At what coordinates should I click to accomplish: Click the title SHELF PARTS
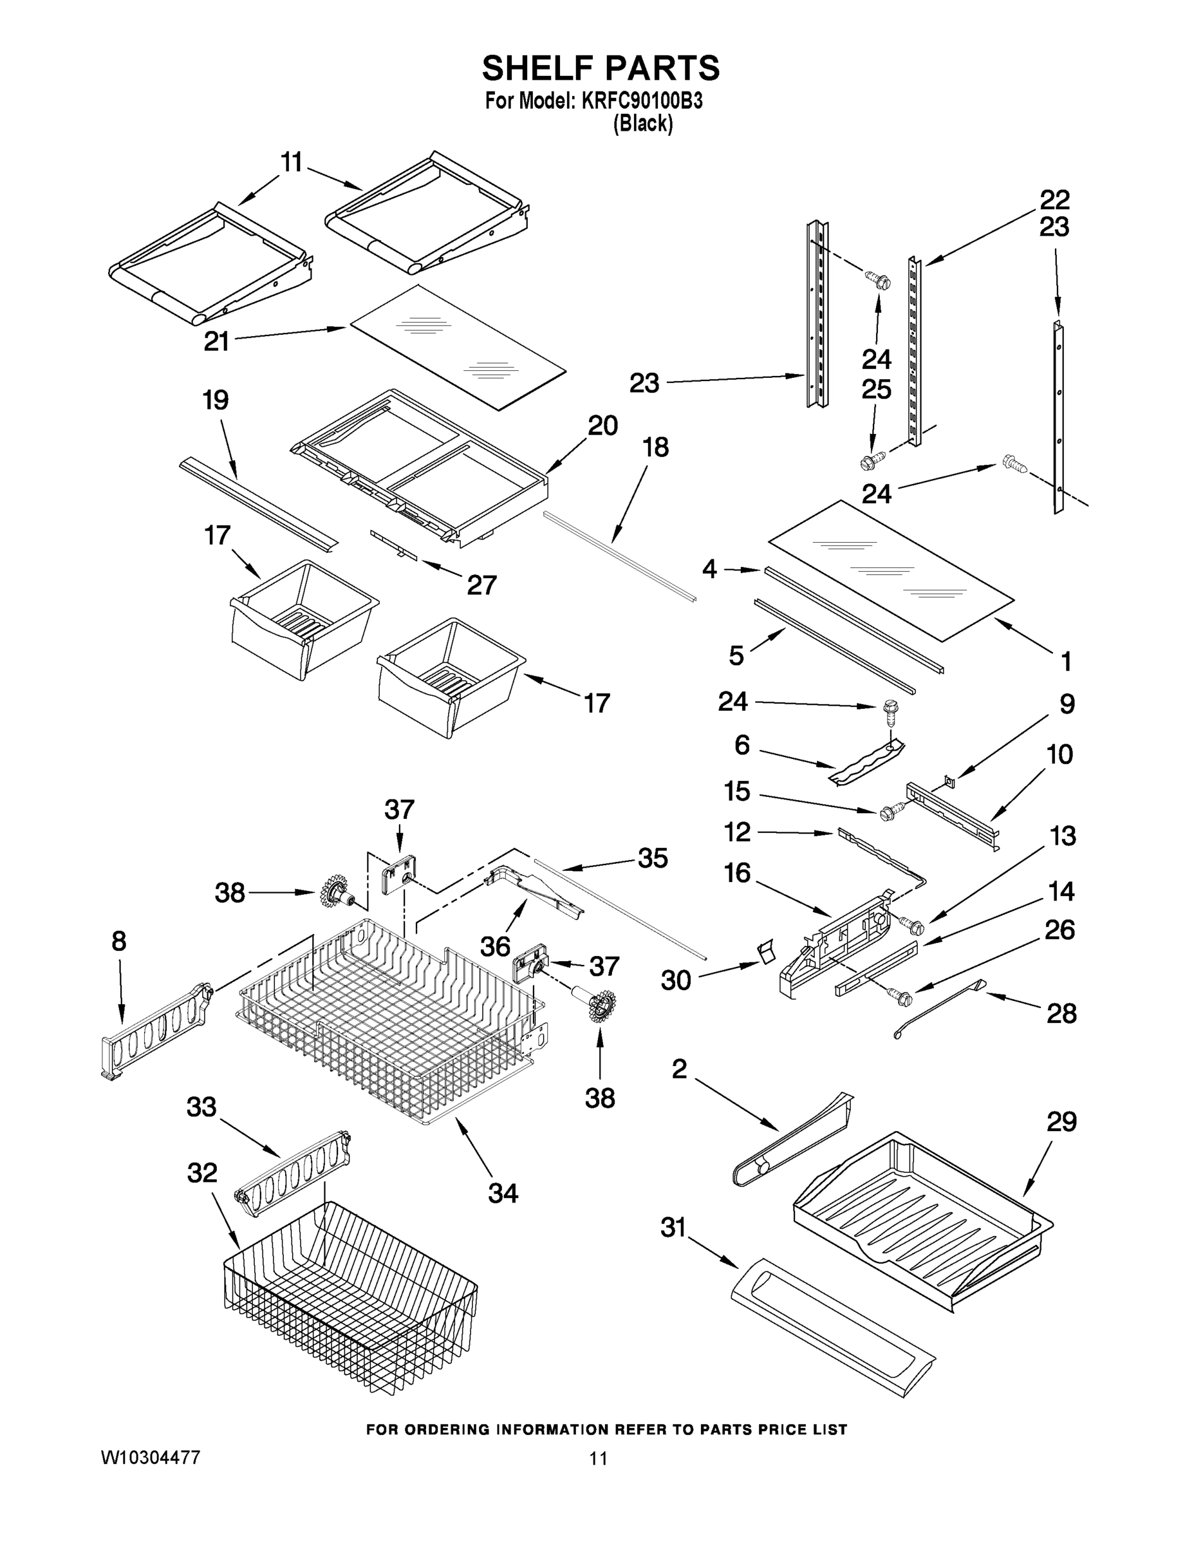tap(601, 69)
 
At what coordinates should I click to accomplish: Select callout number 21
tap(216, 342)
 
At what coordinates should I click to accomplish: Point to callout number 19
tap(216, 400)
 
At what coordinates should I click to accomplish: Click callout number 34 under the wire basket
tap(503, 1193)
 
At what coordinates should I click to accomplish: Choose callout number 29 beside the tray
tap(1061, 1122)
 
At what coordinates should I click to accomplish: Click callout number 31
tap(673, 1228)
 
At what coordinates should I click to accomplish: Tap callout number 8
tap(119, 941)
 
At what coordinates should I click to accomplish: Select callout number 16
tap(737, 873)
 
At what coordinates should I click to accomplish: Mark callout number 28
tap(1061, 1014)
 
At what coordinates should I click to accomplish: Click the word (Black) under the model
tap(642, 124)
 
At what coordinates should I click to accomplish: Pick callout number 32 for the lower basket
tap(201, 1173)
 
